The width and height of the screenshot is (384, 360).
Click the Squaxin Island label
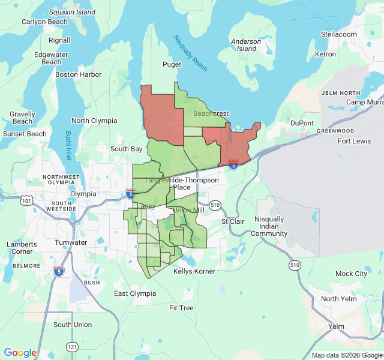pyautogui.click(x=72, y=12)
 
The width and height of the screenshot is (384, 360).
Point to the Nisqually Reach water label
pyautogui.click(x=190, y=53)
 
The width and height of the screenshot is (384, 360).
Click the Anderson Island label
pyautogui.click(x=246, y=46)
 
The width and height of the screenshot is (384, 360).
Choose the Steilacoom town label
pyautogui.click(x=339, y=34)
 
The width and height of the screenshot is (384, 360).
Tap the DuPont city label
pyautogui.click(x=302, y=123)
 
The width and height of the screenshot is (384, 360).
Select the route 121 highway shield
pyautogui.click(x=73, y=347)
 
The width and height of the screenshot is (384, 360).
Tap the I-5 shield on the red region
pyautogui.click(x=233, y=163)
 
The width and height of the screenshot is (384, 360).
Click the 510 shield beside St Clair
pyautogui.click(x=215, y=205)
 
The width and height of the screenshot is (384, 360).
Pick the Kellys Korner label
pyautogui.click(x=194, y=271)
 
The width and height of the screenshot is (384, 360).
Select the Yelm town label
pyautogui.click(x=336, y=326)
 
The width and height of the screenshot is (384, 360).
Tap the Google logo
pyautogui.click(x=20, y=353)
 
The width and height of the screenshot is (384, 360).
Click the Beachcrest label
pyautogui.click(x=211, y=113)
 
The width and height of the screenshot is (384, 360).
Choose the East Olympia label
pyautogui.click(x=135, y=293)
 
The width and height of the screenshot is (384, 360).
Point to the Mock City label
pyautogui.click(x=351, y=274)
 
